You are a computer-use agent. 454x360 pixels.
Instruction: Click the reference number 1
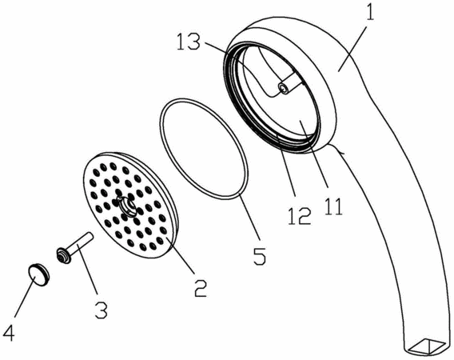(370, 11)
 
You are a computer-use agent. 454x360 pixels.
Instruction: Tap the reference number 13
(188, 42)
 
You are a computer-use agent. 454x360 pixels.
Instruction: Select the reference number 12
(300, 216)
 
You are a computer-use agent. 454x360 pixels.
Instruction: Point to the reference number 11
(333, 206)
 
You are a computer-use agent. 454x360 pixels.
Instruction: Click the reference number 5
(260, 256)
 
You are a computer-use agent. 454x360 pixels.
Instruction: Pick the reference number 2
(201, 287)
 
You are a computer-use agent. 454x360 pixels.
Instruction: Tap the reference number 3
(102, 310)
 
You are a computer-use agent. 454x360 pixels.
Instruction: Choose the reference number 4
(8, 332)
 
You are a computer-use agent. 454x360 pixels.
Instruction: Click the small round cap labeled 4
(39, 274)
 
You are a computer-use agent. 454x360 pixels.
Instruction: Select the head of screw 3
(63, 256)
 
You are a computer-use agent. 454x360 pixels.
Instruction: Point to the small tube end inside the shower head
(284, 88)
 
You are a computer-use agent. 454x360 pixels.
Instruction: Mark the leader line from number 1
(353, 49)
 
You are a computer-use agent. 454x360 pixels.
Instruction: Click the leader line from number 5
(249, 218)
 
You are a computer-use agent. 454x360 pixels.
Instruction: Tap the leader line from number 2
(180, 256)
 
